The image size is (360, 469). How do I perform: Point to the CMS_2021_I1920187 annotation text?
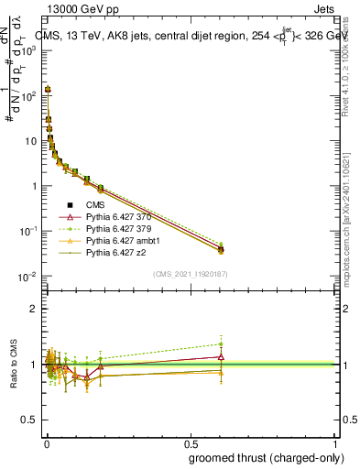point(191,274)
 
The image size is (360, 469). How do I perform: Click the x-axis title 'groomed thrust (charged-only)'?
point(259,458)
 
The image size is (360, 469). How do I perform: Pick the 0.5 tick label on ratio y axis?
point(28,420)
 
